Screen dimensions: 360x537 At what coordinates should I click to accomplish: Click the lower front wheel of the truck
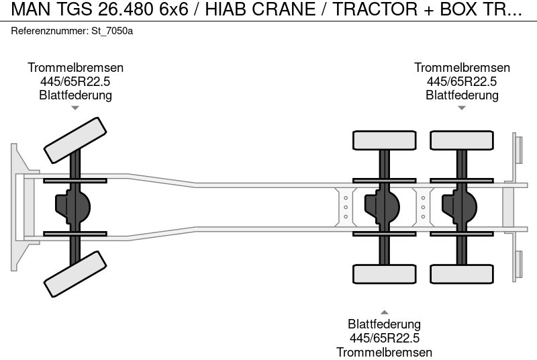pos(75,274)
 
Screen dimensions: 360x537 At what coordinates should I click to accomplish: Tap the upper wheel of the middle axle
pos(385,140)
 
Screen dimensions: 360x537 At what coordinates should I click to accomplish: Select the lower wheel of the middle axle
pos(385,273)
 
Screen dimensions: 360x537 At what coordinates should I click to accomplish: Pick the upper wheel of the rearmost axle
pos(462,140)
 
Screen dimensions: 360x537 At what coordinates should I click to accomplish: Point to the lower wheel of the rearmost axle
pos(462,273)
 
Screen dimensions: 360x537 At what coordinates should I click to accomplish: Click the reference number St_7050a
pos(112,32)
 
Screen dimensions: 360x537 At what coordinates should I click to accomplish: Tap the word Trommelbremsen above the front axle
pos(75,68)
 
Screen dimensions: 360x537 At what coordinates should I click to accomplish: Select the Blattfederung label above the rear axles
pos(462,95)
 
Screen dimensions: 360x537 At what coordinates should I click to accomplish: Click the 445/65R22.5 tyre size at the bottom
pos(384,338)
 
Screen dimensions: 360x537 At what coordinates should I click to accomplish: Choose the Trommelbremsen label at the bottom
pos(384,352)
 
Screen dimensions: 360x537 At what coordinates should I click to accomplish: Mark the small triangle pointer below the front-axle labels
pos(75,107)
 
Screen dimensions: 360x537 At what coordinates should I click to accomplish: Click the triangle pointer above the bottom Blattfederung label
pos(384,312)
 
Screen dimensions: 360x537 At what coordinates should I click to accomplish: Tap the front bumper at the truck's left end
pos(19,207)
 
